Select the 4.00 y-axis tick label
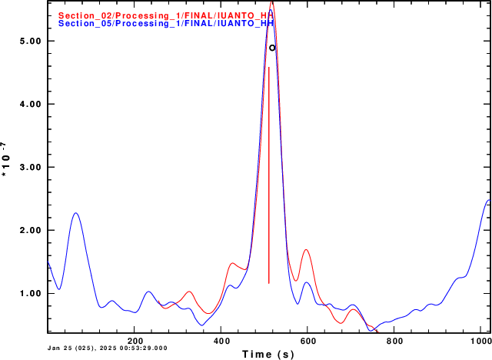(28, 104)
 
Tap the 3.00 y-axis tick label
(28, 167)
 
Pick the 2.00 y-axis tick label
(28, 230)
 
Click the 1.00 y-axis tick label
(28, 293)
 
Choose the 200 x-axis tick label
(135, 340)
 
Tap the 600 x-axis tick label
(307, 340)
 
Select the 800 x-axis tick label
(394, 340)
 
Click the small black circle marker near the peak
(272, 48)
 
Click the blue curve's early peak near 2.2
(75, 213)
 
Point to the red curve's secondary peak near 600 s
(306, 249)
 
